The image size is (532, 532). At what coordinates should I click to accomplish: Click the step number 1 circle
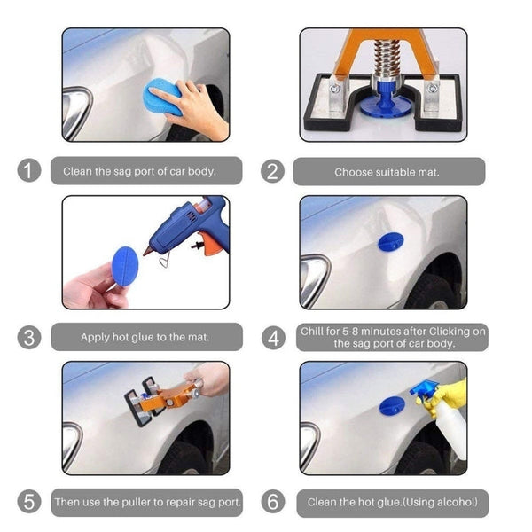click(x=30, y=171)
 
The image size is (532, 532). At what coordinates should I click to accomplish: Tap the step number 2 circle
click(x=274, y=171)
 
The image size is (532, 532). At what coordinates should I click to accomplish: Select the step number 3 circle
click(x=30, y=337)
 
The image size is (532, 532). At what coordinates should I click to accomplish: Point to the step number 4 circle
click(x=274, y=337)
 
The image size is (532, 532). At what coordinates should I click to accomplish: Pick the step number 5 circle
click(x=30, y=502)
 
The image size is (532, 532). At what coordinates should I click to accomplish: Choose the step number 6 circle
click(x=274, y=502)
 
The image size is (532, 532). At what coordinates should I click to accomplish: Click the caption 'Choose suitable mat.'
click(x=387, y=172)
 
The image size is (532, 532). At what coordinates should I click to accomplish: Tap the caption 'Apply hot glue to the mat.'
click(x=146, y=337)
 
